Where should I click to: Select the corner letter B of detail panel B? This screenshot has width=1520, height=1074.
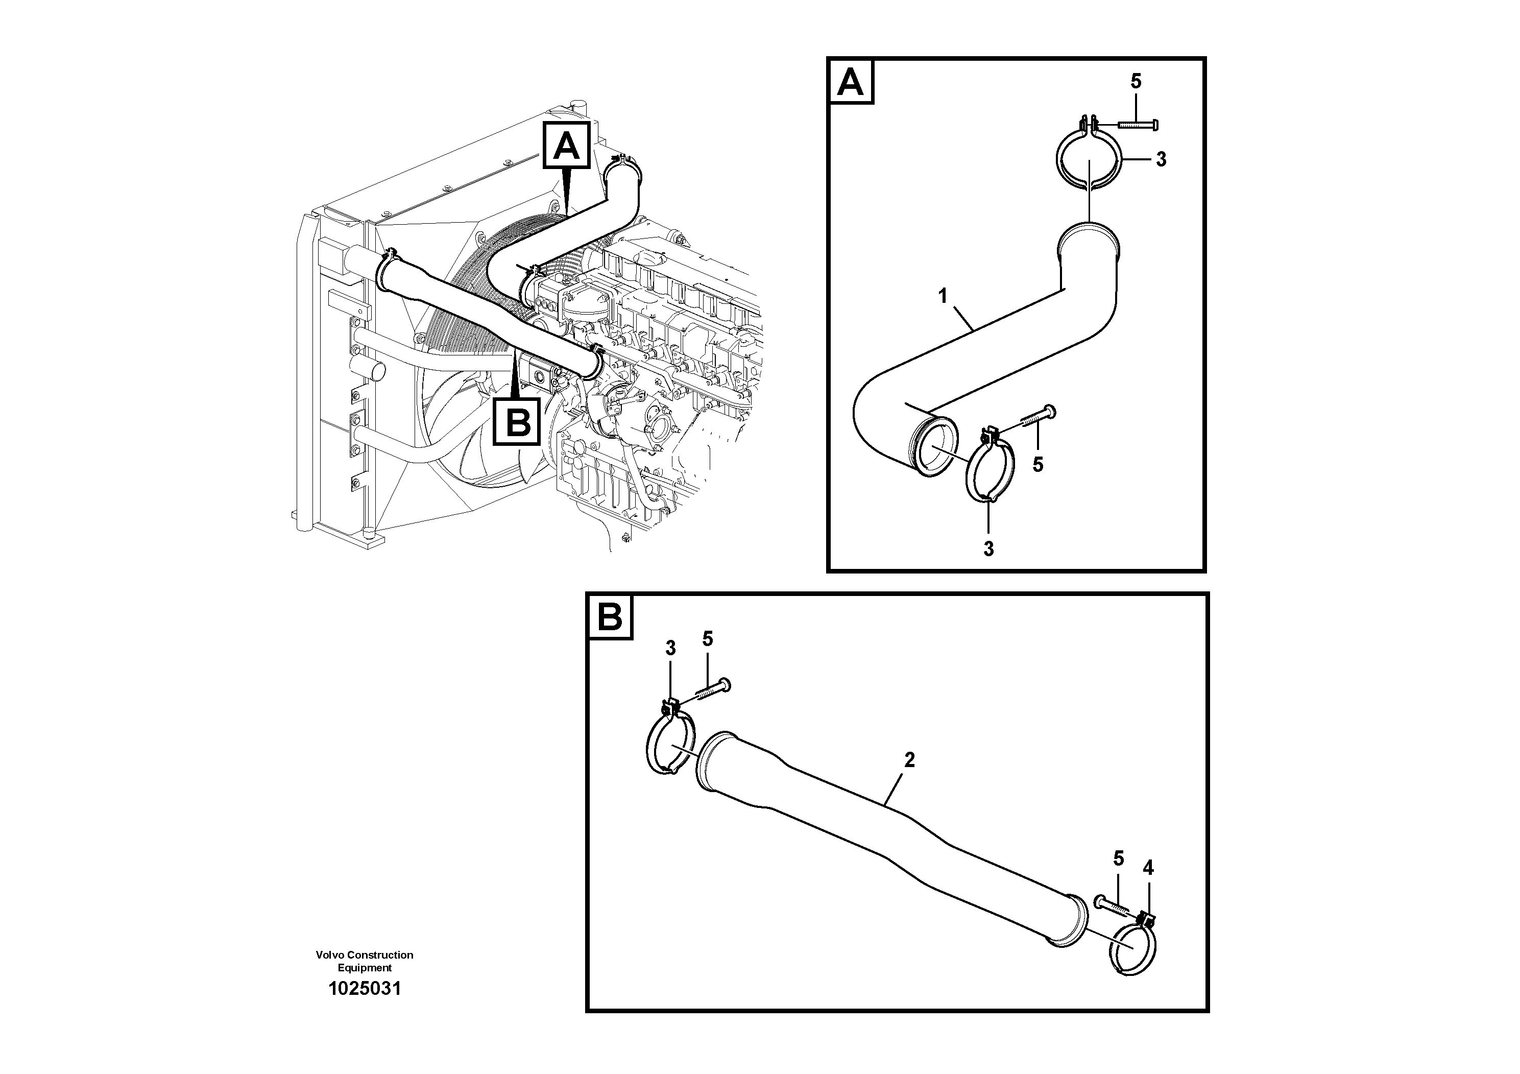pyautogui.click(x=610, y=617)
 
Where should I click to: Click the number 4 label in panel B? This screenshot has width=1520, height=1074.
pyautogui.click(x=1148, y=867)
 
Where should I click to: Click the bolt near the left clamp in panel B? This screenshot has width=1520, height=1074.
pyautogui.click(x=711, y=692)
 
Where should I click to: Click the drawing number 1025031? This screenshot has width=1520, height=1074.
pyautogui.click(x=365, y=990)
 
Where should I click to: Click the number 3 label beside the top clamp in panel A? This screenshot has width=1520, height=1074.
pyautogui.click(x=1161, y=159)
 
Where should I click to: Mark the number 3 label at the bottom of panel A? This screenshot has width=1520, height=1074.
pyautogui.click(x=988, y=549)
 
